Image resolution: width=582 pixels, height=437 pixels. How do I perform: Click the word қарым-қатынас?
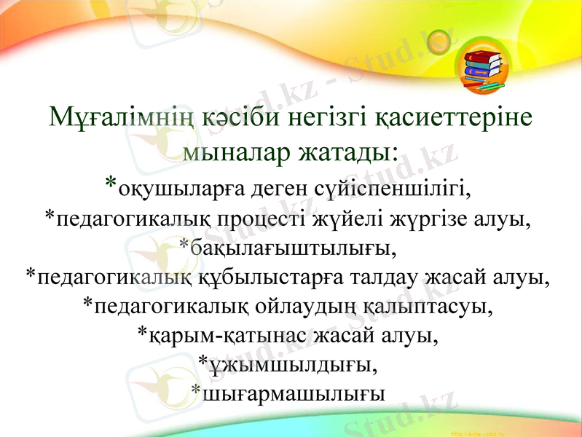224,336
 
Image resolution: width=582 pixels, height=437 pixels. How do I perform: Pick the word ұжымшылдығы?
295,364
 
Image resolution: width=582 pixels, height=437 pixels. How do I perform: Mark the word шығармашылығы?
293,394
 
